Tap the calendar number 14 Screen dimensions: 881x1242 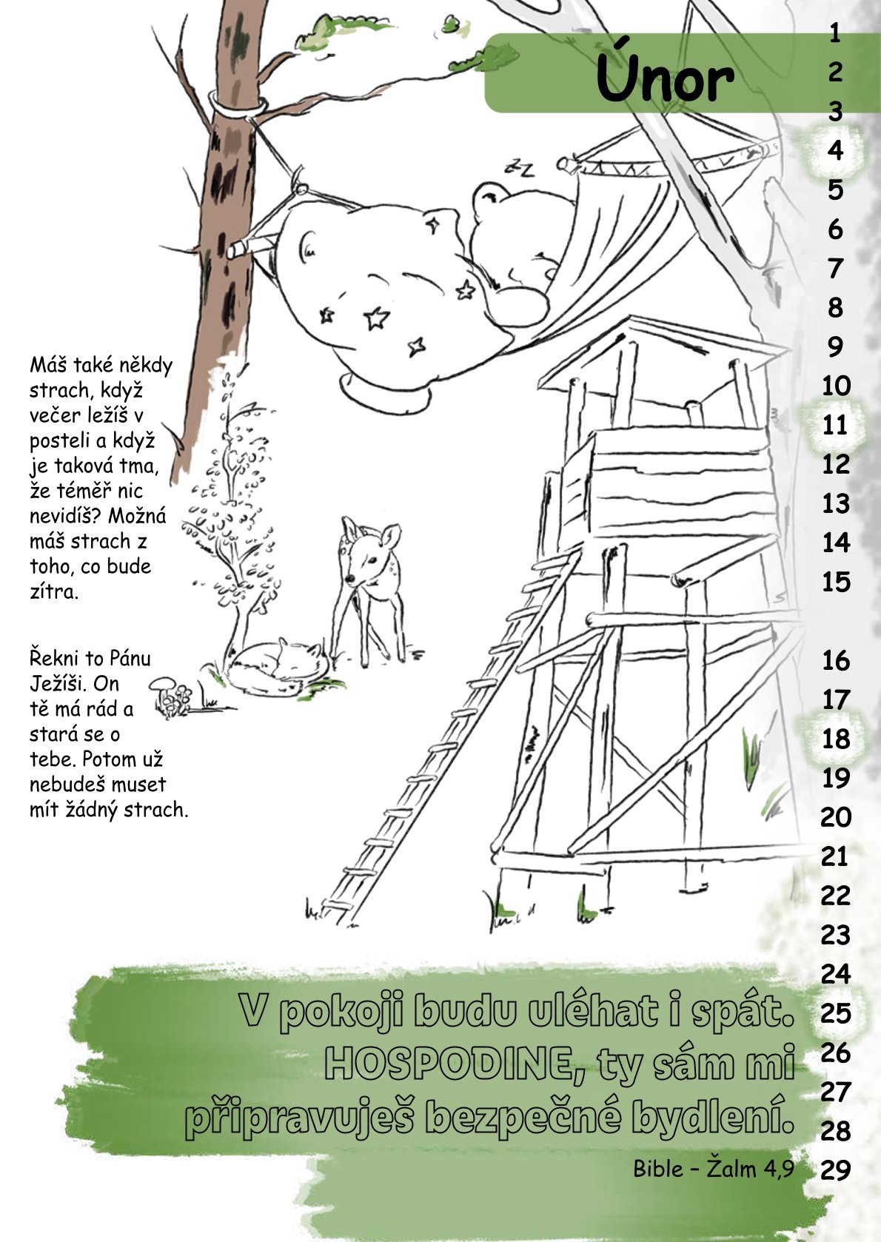pos(836,543)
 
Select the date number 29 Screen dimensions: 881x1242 pos(836,1169)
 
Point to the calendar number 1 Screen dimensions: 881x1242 pos(836,33)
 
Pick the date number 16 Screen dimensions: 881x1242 pos(836,660)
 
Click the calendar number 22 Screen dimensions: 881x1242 pos(836,896)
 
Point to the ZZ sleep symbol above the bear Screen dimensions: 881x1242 pos(521,167)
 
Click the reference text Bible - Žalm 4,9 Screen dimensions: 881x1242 pos(714,1169)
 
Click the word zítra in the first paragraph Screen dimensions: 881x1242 pos(54,591)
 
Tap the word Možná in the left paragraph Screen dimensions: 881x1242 pos(137,516)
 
